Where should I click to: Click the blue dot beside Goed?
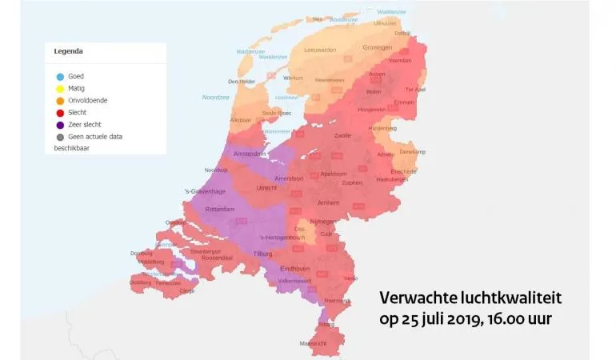click(60, 76)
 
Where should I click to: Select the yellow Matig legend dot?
click(60, 88)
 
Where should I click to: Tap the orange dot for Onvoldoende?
click(60, 100)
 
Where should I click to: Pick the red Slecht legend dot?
click(60, 112)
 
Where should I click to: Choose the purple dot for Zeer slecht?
click(60, 124)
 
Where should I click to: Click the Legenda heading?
click(68, 52)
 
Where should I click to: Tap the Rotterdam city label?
click(220, 209)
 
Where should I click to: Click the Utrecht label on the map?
click(266, 187)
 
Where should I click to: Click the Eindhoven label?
click(296, 269)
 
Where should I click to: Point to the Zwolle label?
click(342, 135)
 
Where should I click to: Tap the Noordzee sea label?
click(215, 97)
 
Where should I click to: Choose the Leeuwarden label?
click(320, 50)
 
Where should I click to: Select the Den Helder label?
click(242, 81)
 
